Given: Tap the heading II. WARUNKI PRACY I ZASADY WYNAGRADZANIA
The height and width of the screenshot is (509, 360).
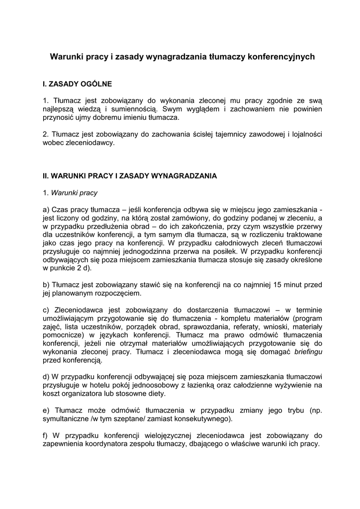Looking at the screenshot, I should coord(130,176).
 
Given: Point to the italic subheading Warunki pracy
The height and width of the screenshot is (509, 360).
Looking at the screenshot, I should coord(74,192).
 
